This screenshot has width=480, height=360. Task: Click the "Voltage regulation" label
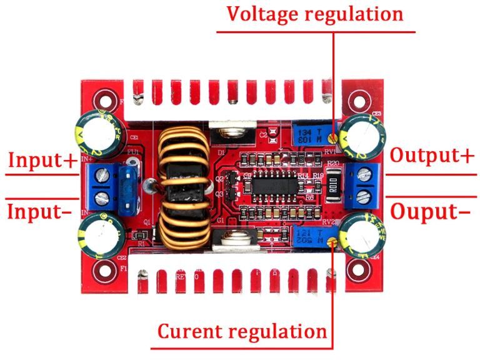315,14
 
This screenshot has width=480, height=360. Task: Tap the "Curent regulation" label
242,331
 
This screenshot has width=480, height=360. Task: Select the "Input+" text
41,160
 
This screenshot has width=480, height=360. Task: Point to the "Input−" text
39,211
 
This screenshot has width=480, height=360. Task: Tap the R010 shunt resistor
332,187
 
